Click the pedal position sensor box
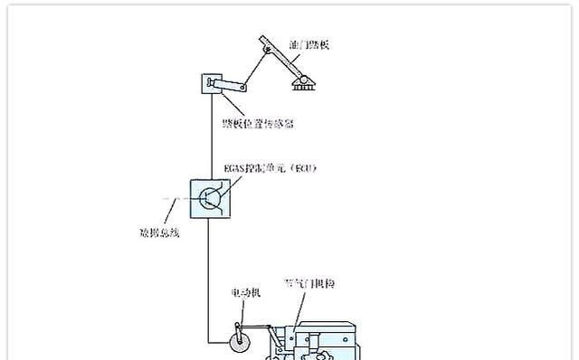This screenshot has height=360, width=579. (x=211, y=86)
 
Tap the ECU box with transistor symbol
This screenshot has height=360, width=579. (x=209, y=198)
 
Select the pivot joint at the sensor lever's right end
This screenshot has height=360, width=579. (x=246, y=88)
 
